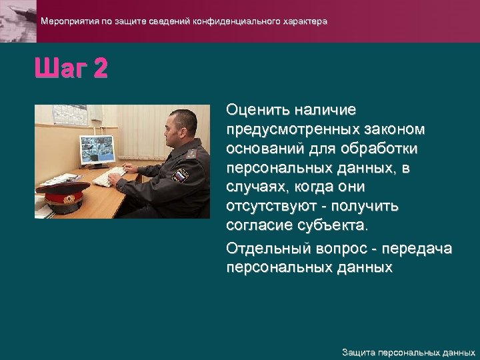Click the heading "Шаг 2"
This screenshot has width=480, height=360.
[70, 69]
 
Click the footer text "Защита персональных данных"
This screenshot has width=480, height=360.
[408, 352]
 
